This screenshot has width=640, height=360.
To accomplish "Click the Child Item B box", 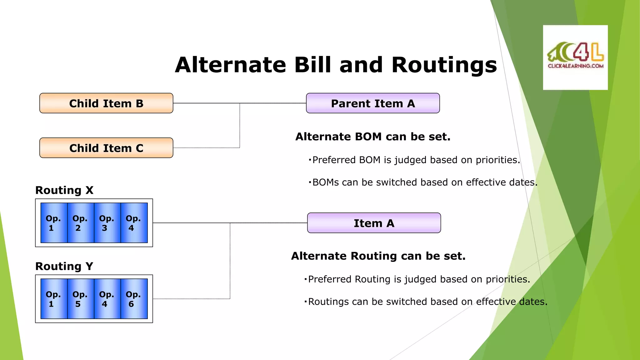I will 106,103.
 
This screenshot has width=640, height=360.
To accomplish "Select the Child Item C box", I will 106,148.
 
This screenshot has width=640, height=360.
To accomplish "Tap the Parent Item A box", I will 373,103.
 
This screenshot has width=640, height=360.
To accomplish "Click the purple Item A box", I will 374,223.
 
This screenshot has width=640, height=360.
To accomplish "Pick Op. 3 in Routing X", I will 107,223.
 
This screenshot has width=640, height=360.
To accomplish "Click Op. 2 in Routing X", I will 81,223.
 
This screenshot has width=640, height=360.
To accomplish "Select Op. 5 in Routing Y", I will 81,299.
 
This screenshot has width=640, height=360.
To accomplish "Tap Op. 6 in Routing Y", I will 134,299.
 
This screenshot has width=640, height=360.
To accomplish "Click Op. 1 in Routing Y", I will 54,299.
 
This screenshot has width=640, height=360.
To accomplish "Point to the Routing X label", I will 64,190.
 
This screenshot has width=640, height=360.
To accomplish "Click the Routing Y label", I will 64,266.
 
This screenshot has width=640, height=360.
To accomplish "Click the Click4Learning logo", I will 575,57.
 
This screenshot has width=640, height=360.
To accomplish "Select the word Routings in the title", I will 444,65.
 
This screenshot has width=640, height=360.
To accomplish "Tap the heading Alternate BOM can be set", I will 373,137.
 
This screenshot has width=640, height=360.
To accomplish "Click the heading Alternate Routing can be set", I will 378,256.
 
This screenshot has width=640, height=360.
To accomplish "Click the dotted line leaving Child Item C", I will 206,148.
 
